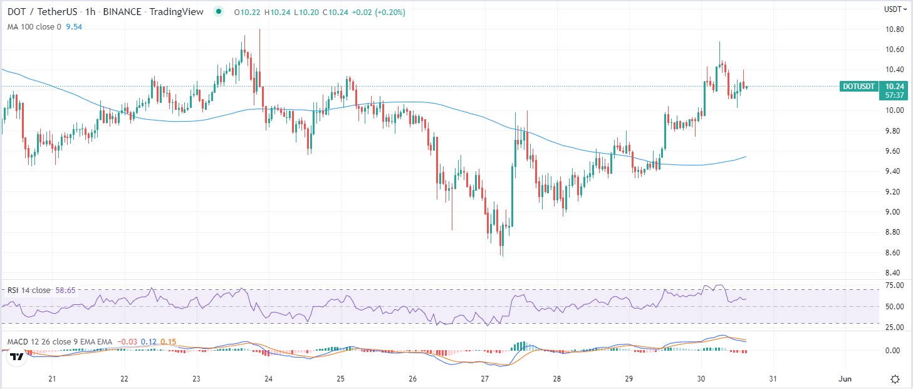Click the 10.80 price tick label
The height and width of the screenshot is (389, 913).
point(894,29)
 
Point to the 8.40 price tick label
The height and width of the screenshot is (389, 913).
point(894,273)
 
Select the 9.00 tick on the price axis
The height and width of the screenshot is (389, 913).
point(894,212)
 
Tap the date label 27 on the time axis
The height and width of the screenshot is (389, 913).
point(484,379)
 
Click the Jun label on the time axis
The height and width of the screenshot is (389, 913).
point(845,379)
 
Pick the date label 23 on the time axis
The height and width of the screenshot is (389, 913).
point(197,379)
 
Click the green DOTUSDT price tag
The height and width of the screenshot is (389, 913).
point(858,87)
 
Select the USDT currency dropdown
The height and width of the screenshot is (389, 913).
point(895,9)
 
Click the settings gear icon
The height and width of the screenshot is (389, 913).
point(895,379)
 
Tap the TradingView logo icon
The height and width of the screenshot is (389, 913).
point(17,357)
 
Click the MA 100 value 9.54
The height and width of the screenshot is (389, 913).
point(74,27)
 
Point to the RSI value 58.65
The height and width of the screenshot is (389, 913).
point(66,290)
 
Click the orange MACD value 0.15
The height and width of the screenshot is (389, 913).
point(169,342)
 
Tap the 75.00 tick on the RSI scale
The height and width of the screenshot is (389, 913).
point(895,285)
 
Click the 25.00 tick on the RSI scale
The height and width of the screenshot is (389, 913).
point(895,328)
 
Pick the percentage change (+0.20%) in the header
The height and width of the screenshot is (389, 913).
point(390,13)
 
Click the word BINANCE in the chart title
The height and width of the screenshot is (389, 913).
point(122,12)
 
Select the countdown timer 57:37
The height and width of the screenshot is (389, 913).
point(895,95)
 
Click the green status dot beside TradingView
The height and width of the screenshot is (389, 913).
point(219,11)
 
